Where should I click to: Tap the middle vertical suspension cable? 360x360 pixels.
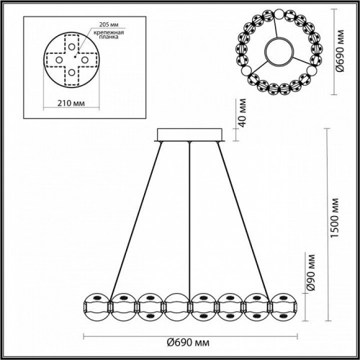pyautogui.click(x=189, y=216)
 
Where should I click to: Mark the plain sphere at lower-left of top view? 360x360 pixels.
pyautogui.click(x=243, y=73)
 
